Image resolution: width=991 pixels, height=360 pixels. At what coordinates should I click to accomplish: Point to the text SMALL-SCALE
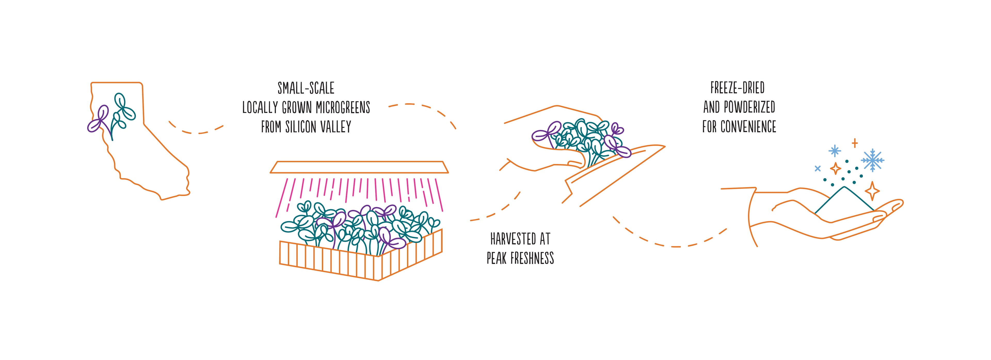click(x=306, y=88)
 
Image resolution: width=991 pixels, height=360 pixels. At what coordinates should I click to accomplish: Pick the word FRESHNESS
click(x=532, y=258)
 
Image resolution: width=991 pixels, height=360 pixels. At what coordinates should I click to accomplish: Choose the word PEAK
click(x=496, y=258)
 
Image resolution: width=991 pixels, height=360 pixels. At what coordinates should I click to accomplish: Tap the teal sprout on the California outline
click(x=122, y=112)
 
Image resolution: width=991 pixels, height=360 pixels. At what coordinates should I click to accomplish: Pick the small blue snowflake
click(x=834, y=151)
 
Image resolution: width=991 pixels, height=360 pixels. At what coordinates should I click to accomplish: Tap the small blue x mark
click(x=818, y=168)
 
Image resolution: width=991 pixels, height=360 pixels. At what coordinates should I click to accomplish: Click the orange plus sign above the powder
click(x=854, y=143)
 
